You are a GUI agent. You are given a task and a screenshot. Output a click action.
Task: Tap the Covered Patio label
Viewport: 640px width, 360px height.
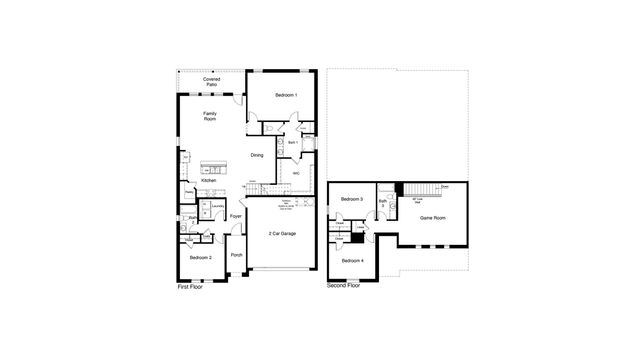coord(211,82)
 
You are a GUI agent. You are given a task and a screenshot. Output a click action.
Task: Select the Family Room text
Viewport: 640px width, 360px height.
coord(210,117)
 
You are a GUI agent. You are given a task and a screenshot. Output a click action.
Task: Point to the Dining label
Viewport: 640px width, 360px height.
coord(257,154)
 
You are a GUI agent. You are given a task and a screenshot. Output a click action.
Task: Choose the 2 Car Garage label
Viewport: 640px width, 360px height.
coord(281,233)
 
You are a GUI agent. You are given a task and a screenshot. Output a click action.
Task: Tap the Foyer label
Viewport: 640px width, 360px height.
coord(236,216)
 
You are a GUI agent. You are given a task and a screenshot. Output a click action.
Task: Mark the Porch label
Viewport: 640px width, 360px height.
coord(236,255)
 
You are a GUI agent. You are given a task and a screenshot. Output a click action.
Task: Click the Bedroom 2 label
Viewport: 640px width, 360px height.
coord(200,258)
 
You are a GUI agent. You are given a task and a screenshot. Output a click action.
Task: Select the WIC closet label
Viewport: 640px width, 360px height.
coord(296,172)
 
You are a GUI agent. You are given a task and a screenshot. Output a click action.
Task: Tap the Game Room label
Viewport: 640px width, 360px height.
coord(432,217)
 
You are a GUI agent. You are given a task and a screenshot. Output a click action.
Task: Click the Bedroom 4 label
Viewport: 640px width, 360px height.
coord(351,260)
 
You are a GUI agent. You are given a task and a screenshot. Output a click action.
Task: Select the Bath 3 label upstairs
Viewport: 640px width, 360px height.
coord(382,205)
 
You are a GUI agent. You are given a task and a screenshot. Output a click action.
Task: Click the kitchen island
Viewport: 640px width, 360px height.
coord(213,166)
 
